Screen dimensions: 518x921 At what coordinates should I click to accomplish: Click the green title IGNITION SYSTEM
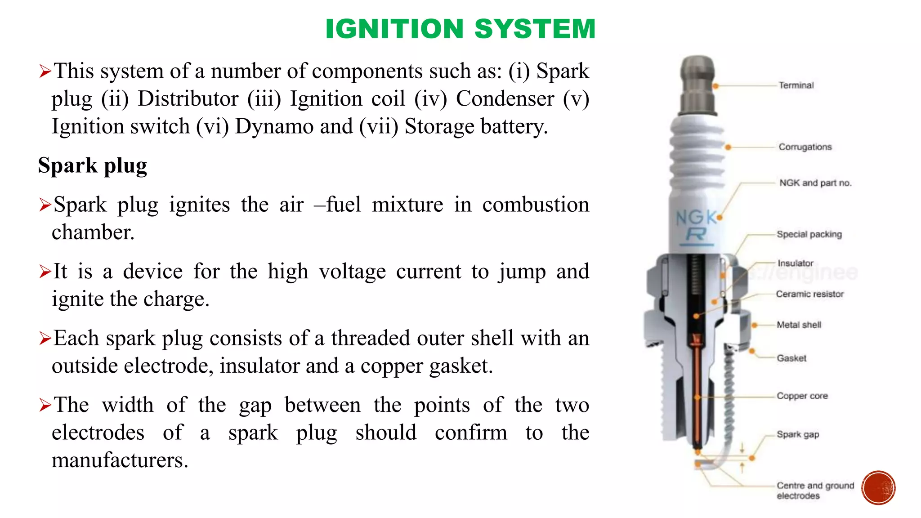click(x=460, y=29)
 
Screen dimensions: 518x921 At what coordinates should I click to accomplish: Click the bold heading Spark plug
click(x=93, y=165)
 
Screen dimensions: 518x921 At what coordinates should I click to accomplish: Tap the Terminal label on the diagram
click(x=796, y=85)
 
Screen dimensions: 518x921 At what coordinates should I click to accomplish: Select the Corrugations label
click(x=805, y=147)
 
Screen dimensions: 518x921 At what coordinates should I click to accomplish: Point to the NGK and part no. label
click(x=815, y=183)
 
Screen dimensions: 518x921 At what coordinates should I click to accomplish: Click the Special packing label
click(x=809, y=234)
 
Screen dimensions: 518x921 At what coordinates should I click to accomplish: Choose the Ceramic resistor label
click(x=809, y=294)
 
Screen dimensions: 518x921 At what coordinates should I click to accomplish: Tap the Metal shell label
click(x=799, y=325)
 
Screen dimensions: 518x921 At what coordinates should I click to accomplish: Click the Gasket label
click(x=791, y=358)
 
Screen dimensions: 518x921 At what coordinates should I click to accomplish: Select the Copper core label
click(x=802, y=396)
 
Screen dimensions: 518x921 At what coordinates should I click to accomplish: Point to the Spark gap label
click(x=798, y=435)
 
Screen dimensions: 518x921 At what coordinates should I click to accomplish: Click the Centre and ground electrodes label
click(x=815, y=491)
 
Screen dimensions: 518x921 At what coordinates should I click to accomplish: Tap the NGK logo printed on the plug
click(x=696, y=218)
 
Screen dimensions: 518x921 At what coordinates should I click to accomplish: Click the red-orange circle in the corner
click(x=878, y=488)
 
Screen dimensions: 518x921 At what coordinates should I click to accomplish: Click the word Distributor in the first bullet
click(x=188, y=99)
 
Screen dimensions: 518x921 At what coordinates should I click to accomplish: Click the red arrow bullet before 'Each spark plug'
click(x=45, y=338)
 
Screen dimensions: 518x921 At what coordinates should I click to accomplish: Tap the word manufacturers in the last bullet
click(x=120, y=460)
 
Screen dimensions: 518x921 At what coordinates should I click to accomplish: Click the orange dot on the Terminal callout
click(x=715, y=85)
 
